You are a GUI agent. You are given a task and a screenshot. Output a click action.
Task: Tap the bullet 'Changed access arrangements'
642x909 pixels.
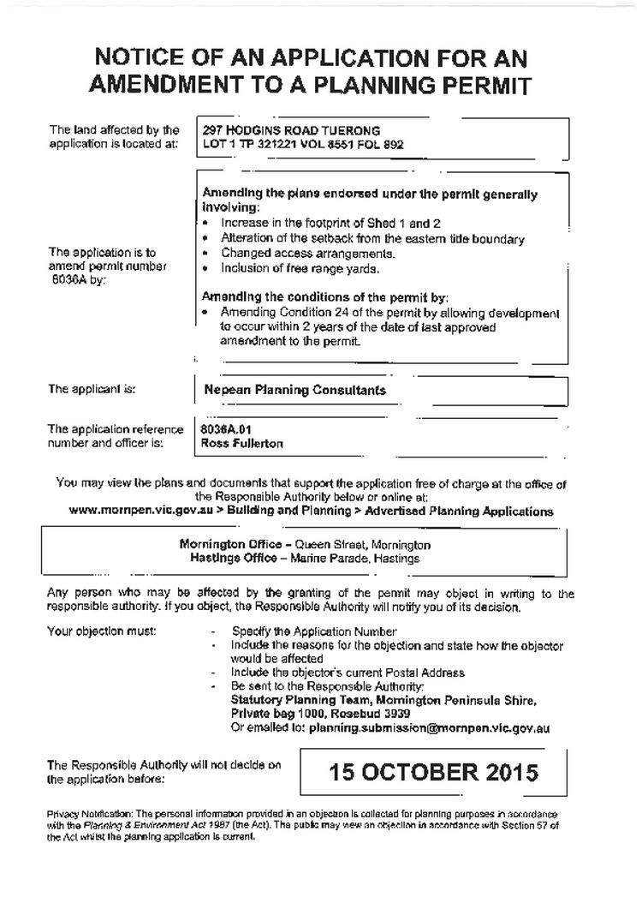pyautogui.click(x=295, y=254)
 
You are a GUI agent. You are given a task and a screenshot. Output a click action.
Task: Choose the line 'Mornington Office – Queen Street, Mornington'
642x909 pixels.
pyautogui.click(x=306, y=544)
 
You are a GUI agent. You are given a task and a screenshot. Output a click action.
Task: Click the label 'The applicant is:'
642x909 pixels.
pyautogui.click(x=92, y=389)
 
